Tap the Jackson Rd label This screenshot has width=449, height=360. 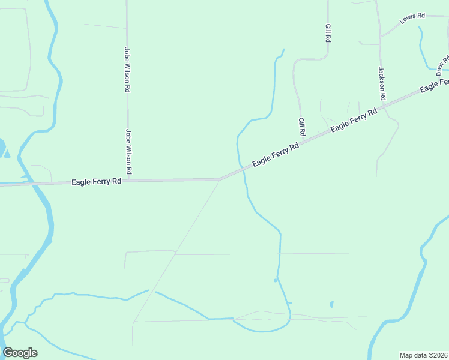381,83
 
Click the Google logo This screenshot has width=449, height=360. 20,353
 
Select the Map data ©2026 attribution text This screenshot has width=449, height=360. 423,355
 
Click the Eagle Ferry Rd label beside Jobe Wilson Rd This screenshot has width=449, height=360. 96,181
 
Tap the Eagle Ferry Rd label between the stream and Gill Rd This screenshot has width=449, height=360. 275,154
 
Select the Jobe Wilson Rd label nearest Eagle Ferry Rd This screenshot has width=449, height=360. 128,153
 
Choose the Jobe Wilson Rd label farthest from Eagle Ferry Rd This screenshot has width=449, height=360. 127,70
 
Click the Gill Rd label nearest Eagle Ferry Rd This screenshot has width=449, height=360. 302,126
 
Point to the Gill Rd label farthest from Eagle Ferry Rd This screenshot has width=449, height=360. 328,33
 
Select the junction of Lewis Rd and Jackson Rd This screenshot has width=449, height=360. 380,35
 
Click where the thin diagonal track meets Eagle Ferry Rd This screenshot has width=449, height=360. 219,179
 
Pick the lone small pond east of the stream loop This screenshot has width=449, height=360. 331,304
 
